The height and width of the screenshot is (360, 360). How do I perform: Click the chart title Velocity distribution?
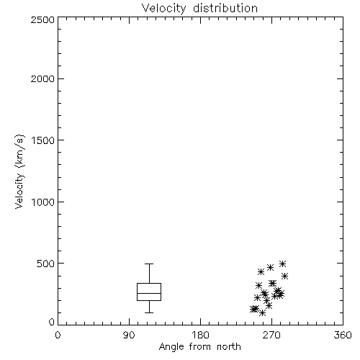coord(199,9)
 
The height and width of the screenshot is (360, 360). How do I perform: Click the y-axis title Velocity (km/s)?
coord(19,171)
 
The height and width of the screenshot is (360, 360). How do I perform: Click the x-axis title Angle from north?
coord(199,347)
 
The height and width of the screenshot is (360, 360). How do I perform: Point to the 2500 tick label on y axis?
coord(42,19)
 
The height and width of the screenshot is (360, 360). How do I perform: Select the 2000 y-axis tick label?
coord(42,78)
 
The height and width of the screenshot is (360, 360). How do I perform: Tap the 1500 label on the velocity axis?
coord(43,140)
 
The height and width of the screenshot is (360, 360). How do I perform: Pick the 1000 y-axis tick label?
coord(43,202)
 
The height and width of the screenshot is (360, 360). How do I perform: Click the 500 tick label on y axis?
coord(46,264)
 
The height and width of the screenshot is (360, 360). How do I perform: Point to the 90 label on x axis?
coord(129,335)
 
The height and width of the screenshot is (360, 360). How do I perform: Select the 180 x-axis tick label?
coord(200,335)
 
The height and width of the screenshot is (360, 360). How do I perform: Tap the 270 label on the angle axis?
coord(271,335)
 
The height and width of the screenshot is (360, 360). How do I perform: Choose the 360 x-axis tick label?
coord(343,335)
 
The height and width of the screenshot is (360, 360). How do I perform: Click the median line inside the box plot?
coord(149,293)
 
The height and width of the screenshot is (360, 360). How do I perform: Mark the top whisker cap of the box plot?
coord(149,264)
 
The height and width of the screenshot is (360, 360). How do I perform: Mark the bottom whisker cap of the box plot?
coord(149,312)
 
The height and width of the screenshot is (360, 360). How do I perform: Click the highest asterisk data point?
coord(282,264)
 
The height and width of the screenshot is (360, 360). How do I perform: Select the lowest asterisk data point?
coord(263,312)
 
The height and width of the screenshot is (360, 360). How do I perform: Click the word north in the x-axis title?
coord(229,347)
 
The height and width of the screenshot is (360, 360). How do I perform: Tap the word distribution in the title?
coord(225,9)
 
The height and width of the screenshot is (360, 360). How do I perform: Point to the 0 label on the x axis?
coord(58,335)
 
